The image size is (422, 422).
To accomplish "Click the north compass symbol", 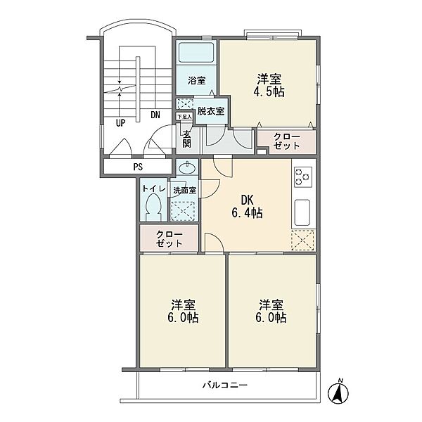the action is click(338, 392).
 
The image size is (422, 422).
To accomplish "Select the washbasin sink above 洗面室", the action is click(187, 169).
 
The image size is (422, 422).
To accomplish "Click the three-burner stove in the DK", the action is click(303, 177).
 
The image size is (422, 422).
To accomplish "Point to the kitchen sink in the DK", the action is click(302, 212).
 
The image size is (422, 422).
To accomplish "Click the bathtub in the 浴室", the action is click(196, 53).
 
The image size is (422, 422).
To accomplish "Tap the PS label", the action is click(138, 167).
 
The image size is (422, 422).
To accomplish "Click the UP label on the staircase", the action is click(120, 123).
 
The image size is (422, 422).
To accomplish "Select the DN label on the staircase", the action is click(155, 115).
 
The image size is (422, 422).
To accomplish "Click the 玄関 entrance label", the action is click(187, 139).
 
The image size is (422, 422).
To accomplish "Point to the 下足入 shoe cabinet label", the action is click(184, 117).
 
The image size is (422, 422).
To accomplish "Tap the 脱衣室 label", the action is click(211, 111).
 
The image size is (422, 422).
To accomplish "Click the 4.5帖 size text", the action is click(269, 92).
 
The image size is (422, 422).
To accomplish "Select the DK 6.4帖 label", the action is click(247, 207).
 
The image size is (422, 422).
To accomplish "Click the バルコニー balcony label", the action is click(225, 385).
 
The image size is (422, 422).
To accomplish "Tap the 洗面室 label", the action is click(184, 191).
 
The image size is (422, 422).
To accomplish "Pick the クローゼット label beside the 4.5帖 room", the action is click(287, 141).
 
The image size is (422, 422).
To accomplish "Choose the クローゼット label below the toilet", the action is click(170, 238).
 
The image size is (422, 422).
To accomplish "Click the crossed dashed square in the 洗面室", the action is click(183, 211).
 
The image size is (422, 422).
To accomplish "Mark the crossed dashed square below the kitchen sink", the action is click(303, 241).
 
